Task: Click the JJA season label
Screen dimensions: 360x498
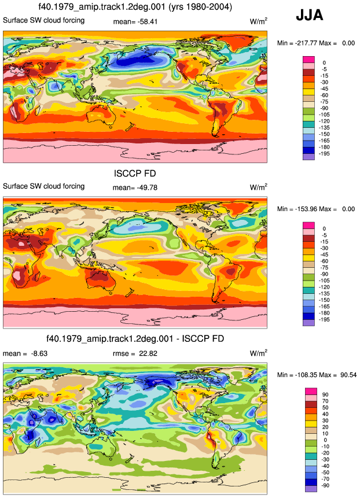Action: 310,15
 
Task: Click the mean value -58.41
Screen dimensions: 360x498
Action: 148,22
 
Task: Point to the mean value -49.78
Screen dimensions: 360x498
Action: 147,188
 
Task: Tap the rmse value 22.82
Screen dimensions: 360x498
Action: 148,353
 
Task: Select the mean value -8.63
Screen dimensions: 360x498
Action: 38,353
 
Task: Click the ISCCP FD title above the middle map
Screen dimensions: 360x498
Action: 135,174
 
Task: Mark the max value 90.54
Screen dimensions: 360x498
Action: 348,375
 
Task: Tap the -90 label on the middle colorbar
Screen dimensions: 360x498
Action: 324,274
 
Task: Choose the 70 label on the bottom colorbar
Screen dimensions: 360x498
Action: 325,401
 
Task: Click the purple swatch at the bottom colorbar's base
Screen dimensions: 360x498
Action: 311,489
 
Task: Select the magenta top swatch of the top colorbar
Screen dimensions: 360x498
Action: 309,60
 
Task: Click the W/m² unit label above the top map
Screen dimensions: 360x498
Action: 258,21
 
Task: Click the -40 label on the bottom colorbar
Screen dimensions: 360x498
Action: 325,466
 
